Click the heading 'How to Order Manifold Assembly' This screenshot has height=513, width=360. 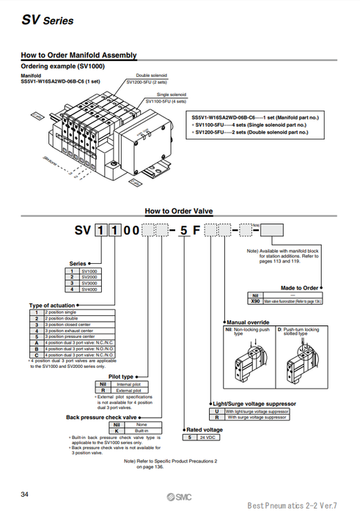[78, 55]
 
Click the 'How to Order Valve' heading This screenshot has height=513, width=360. [179, 210]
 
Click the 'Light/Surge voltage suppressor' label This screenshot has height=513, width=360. [254, 404]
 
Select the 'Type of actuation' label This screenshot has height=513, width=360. [52, 305]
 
